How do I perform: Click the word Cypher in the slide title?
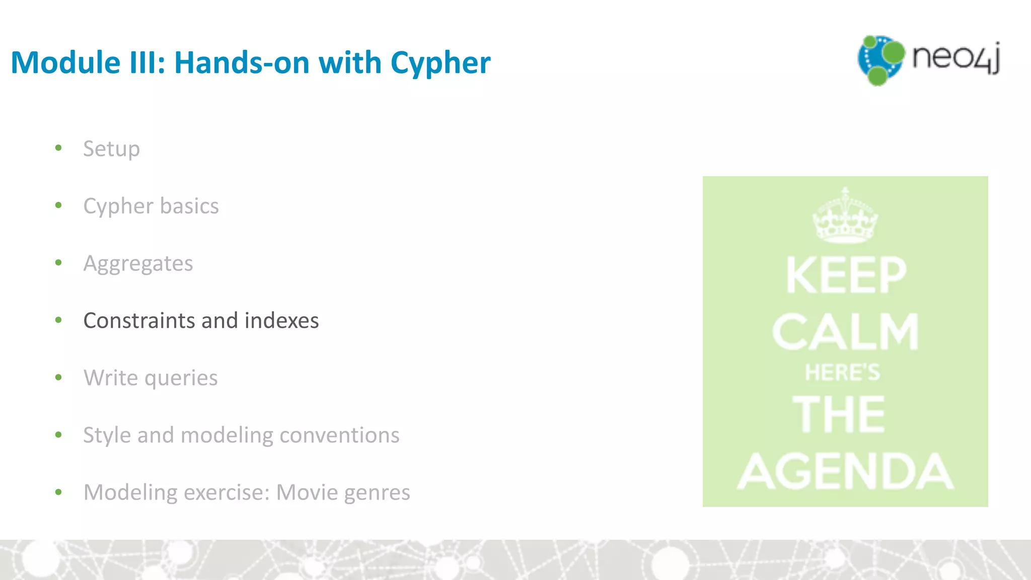440,63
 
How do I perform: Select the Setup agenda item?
111,149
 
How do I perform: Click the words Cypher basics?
151,206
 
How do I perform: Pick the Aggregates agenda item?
138,264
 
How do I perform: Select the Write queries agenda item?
151,378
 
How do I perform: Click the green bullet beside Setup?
58,148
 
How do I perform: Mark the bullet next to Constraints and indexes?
58,320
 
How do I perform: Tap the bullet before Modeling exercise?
58,492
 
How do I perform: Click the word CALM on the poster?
846,332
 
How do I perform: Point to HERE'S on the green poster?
843,373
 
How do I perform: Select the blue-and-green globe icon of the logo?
880,60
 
